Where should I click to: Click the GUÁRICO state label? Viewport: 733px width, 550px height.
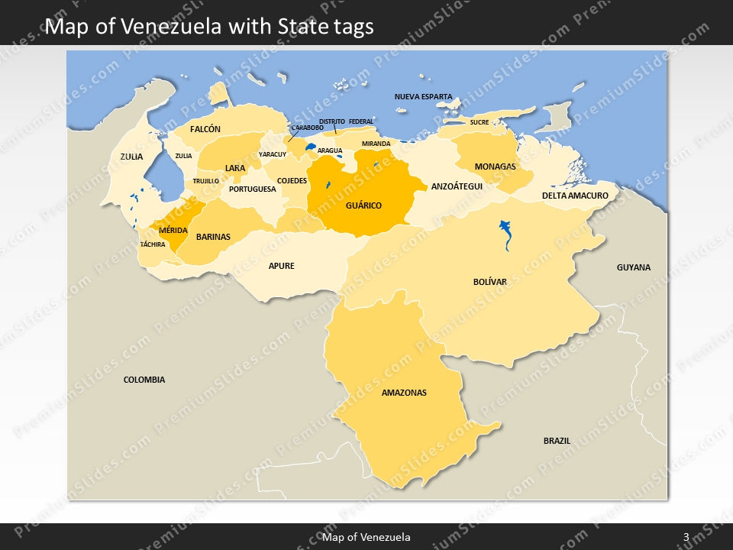[x=363, y=205]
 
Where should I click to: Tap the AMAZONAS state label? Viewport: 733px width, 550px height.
[x=404, y=393]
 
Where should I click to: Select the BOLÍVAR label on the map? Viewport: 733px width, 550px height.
[x=489, y=282]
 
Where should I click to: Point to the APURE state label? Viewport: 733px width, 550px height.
[x=281, y=267]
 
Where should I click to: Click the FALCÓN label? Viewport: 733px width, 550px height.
[x=205, y=129]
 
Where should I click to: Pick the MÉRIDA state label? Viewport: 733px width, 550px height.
[x=173, y=230]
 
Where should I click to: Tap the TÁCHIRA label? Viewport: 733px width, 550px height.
[x=153, y=244]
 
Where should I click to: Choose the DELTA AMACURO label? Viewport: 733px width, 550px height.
[x=575, y=196]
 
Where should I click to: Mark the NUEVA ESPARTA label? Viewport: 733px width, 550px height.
[x=423, y=97]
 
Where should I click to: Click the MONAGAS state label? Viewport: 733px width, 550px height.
[x=495, y=167]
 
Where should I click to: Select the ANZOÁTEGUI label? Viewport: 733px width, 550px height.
[x=457, y=186]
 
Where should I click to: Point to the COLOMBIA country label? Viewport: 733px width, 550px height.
[x=144, y=380]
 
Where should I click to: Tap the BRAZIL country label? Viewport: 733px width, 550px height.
[x=557, y=441]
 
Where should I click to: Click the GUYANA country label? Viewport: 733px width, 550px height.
[x=634, y=267]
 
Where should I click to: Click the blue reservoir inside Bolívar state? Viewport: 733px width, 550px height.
[x=505, y=232]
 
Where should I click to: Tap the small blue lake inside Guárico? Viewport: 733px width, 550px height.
[x=328, y=185]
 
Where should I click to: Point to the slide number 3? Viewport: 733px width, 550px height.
[x=686, y=538]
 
